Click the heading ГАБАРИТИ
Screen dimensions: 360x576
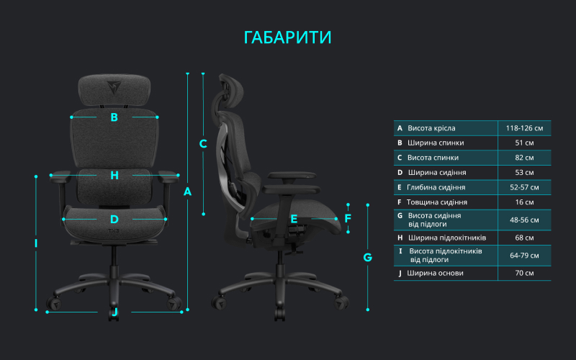pyautogui.click(x=288, y=37)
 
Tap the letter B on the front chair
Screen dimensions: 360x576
pyautogui.click(x=114, y=117)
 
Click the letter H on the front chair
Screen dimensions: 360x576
pyautogui.click(x=114, y=175)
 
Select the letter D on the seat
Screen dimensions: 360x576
pyautogui.click(x=114, y=220)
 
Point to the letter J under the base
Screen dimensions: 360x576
pyautogui.click(x=114, y=312)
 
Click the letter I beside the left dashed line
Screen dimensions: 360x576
pyautogui.click(x=36, y=243)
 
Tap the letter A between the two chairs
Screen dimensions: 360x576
pyautogui.click(x=188, y=192)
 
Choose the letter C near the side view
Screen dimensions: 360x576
pyautogui.click(x=203, y=143)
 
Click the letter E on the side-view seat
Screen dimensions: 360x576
pyautogui.click(x=294, y=219)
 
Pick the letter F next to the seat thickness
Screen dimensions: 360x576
pyautogui.click(x=348, y=218)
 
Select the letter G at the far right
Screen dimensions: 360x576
pyautogui.click(x=367, y=257)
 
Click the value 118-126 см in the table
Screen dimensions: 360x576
pyautogui.click(x=524, y=128)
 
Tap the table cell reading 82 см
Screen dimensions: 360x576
pyautogui.click(x=524, y=158)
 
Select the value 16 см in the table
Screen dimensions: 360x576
pyautogui.click(x=524, y=202)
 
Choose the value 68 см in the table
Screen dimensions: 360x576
pyautogui.click(x=524, y=238)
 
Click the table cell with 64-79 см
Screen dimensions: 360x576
pyautogui.click(x=524, y=256)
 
